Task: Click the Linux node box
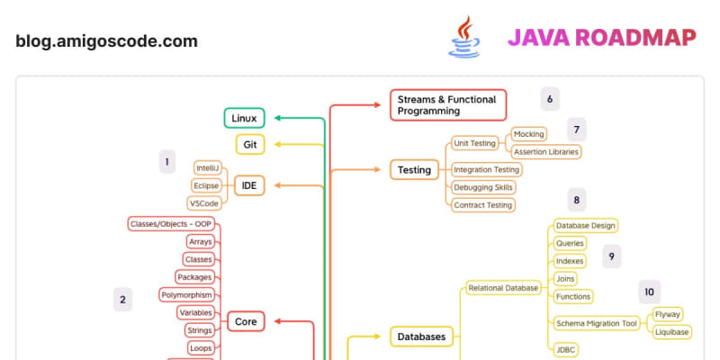coord(244,118)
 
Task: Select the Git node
coord(249,144)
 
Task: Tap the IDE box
coord(248,185)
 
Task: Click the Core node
coord(246,321)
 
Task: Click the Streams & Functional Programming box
coord(448,104)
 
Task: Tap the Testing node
coord(414,169)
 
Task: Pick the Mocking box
coord(528,134)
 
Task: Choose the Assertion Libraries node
coord(545,152)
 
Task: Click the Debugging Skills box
coord(483,187)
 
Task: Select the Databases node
coord(421,337)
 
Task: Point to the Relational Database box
coord(502,288)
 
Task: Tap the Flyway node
coord(667,314)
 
